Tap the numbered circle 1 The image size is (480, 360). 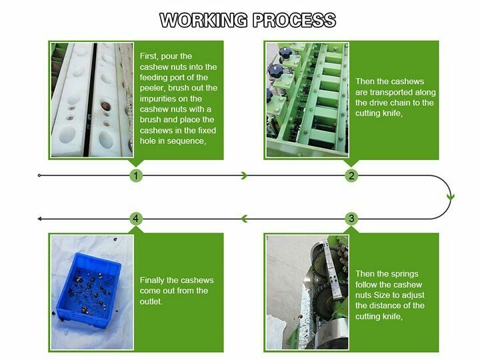click(136, 176)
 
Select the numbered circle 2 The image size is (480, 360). click(351, 176)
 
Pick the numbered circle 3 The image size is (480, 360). click(351, 218)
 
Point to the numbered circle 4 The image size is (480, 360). click(136, 218)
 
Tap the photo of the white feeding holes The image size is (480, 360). click(92, 100)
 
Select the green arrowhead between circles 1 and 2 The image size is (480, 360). click(245, 176)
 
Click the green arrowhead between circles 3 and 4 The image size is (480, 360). click(244, 218)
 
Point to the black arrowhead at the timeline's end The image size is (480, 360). click(40, 218)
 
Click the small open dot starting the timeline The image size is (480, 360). click(40, 176)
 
